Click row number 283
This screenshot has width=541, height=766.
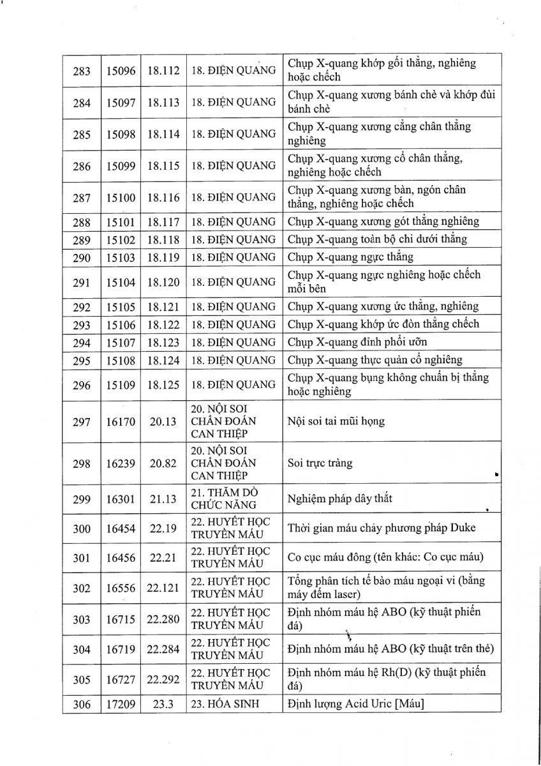82,70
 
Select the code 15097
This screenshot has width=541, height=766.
121,102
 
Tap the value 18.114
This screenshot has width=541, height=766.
163,134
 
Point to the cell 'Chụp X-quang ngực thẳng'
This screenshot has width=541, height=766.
350,257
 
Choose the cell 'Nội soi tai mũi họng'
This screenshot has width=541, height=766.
336,421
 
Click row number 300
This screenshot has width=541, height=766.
82,529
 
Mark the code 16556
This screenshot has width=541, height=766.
121,589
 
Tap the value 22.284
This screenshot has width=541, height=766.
163,649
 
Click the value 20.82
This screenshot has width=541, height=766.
163,463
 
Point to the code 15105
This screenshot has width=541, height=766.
121,306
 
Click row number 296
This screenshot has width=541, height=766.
82,385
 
